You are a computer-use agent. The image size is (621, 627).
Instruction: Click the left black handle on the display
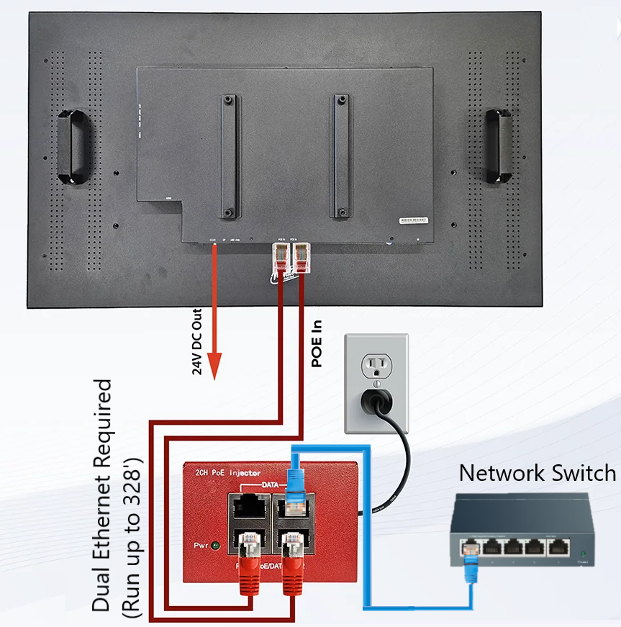(74, 146)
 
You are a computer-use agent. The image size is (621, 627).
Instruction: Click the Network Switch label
(538, 473)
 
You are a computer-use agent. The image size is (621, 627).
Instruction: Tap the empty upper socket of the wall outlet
(376, 368)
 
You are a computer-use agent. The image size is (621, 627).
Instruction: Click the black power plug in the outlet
(377, 400)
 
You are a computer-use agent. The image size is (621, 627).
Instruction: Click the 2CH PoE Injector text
(227, 472)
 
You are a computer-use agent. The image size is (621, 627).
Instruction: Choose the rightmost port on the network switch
(558, 546)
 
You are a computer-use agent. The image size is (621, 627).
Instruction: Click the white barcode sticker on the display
(414, 220)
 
